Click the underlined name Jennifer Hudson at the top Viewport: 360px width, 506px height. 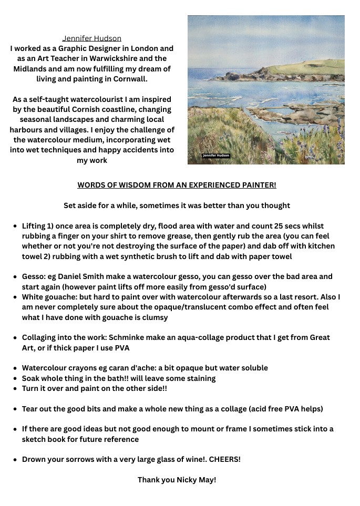[x=92, y=38]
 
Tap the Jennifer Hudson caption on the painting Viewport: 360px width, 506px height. [x=216, y=156]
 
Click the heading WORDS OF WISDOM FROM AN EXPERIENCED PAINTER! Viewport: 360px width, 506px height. [x=177, y=185]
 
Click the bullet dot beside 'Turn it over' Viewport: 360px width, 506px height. [x=15, y=388]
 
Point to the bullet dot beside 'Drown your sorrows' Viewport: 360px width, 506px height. [x=15, y=459]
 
